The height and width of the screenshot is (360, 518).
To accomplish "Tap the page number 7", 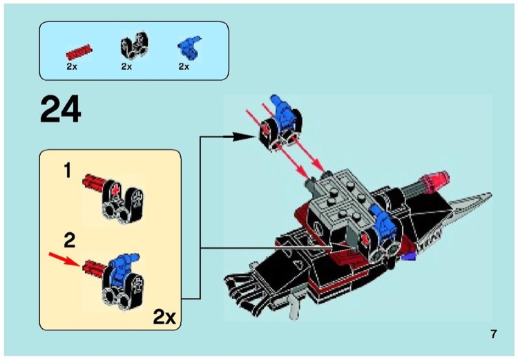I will coord(494,335).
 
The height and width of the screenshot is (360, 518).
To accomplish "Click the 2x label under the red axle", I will coord(72,67).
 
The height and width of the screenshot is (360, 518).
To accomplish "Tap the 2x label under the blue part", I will coord(184,67).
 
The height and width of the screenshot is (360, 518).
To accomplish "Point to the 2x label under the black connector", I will coord(126,67).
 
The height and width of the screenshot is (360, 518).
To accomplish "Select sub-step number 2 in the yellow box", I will coord(69,240).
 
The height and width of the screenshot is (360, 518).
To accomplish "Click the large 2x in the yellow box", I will coord(164,318).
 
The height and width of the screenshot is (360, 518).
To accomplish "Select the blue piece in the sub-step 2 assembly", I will coord(121,265).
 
